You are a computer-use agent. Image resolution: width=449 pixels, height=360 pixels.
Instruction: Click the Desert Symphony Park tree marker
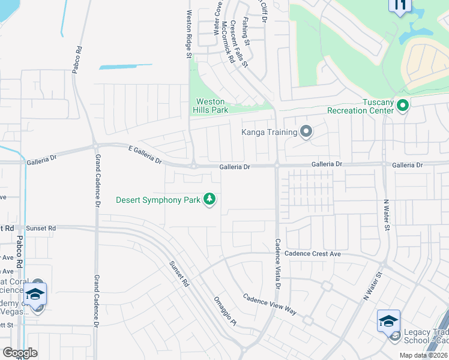[x=209, y=199]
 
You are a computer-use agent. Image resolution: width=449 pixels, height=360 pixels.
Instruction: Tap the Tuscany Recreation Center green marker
[x=402, y=106]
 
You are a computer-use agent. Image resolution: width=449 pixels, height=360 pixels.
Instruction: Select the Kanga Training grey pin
[x=306, y=131]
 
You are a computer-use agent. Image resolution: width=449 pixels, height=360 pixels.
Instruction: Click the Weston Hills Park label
[x=210, y=106]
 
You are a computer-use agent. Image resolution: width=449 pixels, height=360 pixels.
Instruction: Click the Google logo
[x=20, y=353]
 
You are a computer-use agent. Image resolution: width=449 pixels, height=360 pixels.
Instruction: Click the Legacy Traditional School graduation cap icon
[x=388, y=321]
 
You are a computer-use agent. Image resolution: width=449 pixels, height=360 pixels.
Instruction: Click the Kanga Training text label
[x=269, y=132]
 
